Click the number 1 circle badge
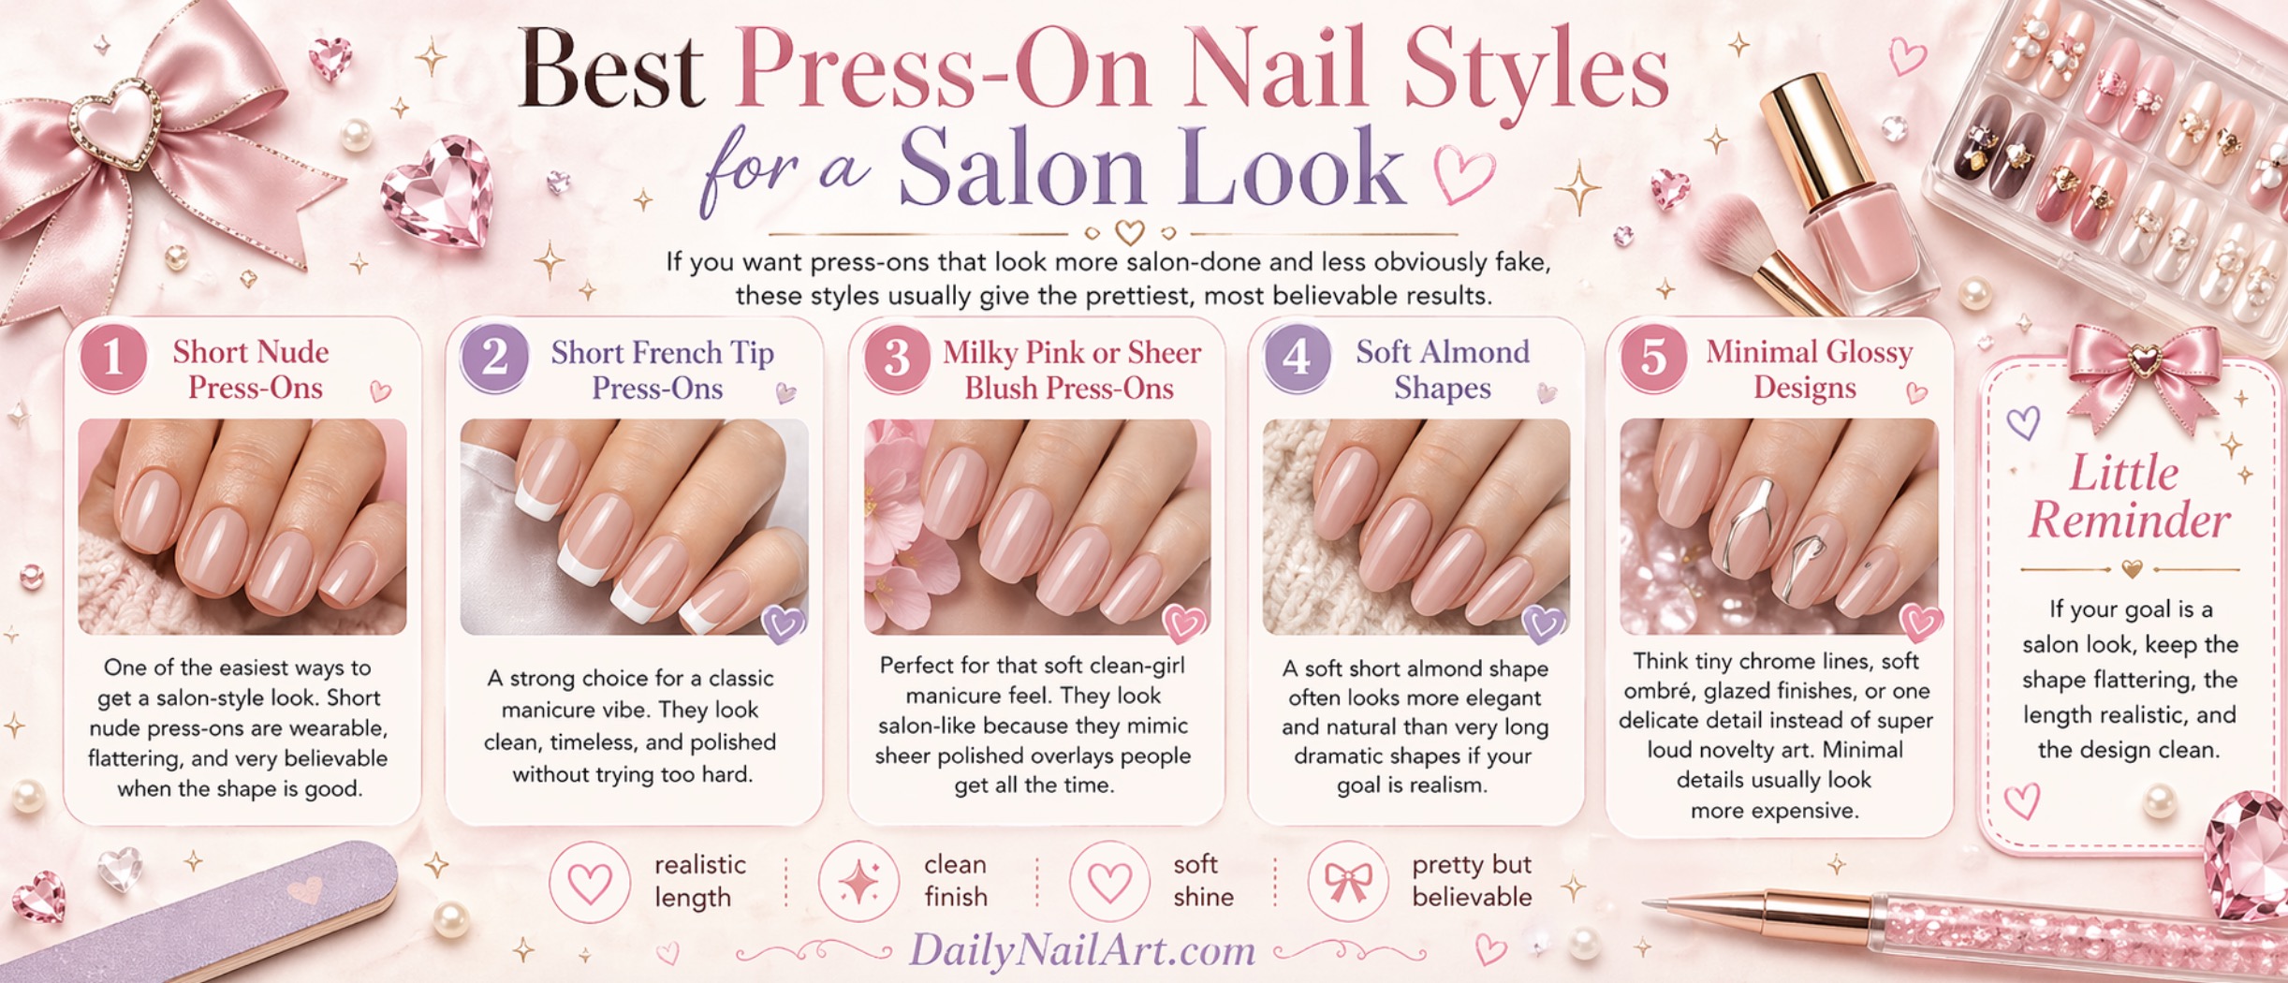113,358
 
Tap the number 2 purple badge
494,358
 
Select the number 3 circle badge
897,358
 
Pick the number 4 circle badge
1297,358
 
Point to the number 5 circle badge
1653,358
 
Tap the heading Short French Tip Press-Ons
661,370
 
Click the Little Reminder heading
2128,496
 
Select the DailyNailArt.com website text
1082,951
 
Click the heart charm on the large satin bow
116,122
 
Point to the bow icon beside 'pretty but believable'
1349,881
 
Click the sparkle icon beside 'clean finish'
858,881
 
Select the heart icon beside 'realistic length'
590,882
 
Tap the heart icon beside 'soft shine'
1110,882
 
